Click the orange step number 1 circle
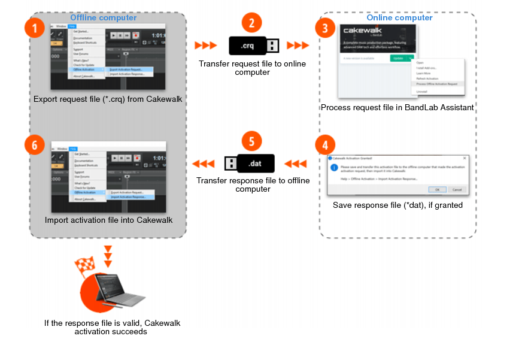pos(35,28)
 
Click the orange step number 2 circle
pos(252,23)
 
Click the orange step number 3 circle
pos(324,28)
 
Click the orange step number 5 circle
pos(252,141)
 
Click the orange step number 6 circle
pos(35,145)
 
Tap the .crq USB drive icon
pos(254,46)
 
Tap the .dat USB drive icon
pos(250,163)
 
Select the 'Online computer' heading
pos(399,17)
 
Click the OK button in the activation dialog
pos(437,189)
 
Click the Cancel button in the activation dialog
pos(457,189)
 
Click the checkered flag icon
pos(85,265)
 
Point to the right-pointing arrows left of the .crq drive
pos(206,46)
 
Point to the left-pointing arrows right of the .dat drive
pos(295,164)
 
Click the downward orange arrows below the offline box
pos(108,256)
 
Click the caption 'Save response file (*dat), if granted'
pos(398,205)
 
